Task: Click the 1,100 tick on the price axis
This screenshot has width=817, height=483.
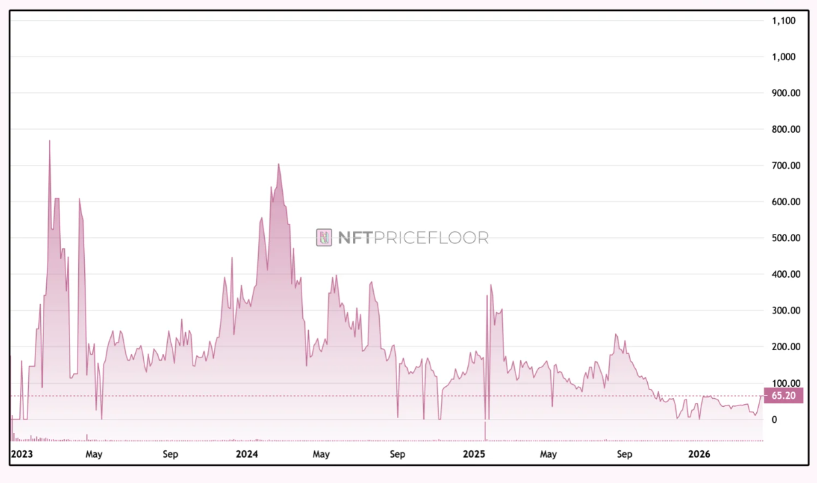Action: [x=783, y=21]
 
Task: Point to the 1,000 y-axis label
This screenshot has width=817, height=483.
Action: [x=783, y=57]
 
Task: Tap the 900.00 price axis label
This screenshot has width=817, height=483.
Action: [x=786, y=94]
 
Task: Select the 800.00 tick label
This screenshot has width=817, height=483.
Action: [x=786, y=130]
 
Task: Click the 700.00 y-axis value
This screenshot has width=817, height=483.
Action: [x=786, y=166]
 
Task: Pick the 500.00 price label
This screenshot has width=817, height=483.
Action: [x=786, y=238]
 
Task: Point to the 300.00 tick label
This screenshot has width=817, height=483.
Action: [x=786, y=310]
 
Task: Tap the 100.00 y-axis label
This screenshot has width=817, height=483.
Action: [x=786, y=383]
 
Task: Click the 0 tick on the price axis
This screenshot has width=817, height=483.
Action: [x=774, y=420]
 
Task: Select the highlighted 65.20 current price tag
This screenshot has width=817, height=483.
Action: [x=783, y=395]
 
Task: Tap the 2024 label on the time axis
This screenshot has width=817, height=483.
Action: [x=247, y=455]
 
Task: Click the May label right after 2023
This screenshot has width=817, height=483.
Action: [x=94, y=455]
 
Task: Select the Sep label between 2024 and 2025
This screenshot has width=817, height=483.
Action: [x=397, y=455]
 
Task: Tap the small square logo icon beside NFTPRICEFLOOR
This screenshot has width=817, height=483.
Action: [x=324, y=238]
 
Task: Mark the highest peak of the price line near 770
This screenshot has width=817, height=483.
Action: [x=49, y=140]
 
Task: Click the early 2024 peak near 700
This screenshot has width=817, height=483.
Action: [x=279, y=164]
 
